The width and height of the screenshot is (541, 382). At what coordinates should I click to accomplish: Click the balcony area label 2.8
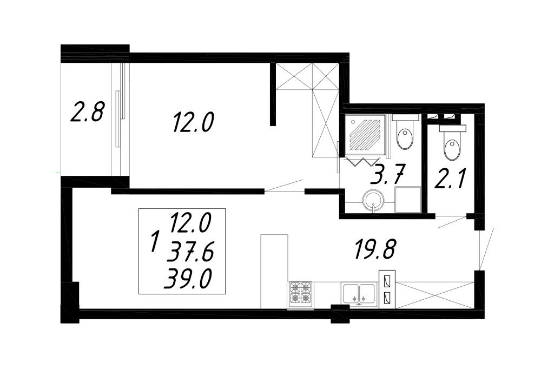click(x=87, y=111)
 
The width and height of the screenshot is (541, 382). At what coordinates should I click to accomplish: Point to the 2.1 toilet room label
click(x=450, y=179)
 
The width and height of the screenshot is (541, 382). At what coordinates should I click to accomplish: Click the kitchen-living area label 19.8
click(x=375, y=249)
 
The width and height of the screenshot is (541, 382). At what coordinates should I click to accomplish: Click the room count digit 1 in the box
click(x=155, y=241)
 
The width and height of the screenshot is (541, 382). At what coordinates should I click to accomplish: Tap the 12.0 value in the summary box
click(x=190, y=222)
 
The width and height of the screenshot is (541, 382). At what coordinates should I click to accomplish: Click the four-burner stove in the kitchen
click(x=300, y=294)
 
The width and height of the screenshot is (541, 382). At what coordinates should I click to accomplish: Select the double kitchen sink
click(x=359, y=294)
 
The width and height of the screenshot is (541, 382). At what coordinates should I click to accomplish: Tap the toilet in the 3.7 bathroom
click(x=405, y=133)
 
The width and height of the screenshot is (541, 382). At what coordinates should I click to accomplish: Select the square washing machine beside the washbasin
click(x=408, y=200)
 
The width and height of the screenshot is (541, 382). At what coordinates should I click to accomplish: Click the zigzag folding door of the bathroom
click(x=363, y=161)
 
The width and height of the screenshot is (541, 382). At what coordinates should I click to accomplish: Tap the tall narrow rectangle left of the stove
click(x=274, y=271)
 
